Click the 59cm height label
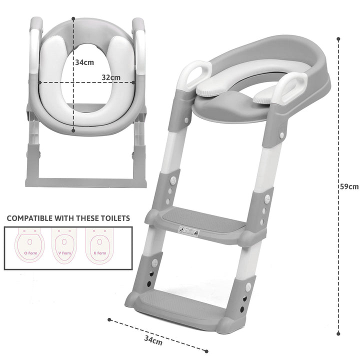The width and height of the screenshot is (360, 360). tap(349, 186)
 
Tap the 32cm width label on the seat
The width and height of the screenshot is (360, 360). tap(111, 77)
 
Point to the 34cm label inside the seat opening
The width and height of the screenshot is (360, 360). tap(84, 63)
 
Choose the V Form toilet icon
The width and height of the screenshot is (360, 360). tap(64, 245)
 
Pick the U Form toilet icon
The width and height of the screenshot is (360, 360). tap(99, 245)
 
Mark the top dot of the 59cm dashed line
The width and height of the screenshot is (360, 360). tap(338, 38)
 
